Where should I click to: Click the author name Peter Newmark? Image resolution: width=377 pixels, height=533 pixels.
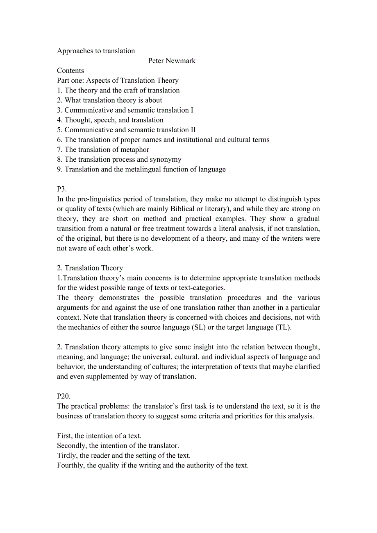(x=172, y=61)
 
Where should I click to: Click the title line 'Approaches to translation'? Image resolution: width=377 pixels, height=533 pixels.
(x=96, y=51)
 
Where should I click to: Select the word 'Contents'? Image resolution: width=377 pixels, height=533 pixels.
(x=70, y=70)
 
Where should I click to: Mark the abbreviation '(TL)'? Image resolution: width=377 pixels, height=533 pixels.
(x=283, y=327)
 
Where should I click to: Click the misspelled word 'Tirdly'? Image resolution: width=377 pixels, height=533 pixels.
(x=66, y=455)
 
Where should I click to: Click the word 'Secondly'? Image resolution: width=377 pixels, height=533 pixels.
(x=71, y=445)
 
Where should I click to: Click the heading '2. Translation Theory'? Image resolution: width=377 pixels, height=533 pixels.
(x=90, y=268)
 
